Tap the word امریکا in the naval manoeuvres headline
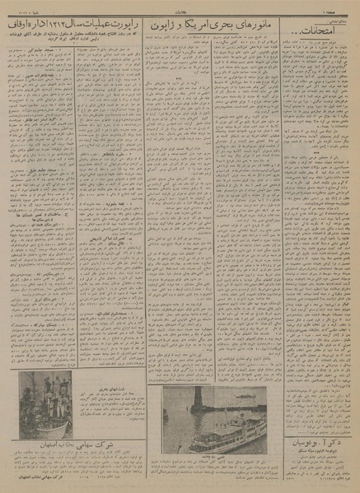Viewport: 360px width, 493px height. click(x=213, y=32)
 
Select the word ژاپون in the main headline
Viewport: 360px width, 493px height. click(x=169, y=32)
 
